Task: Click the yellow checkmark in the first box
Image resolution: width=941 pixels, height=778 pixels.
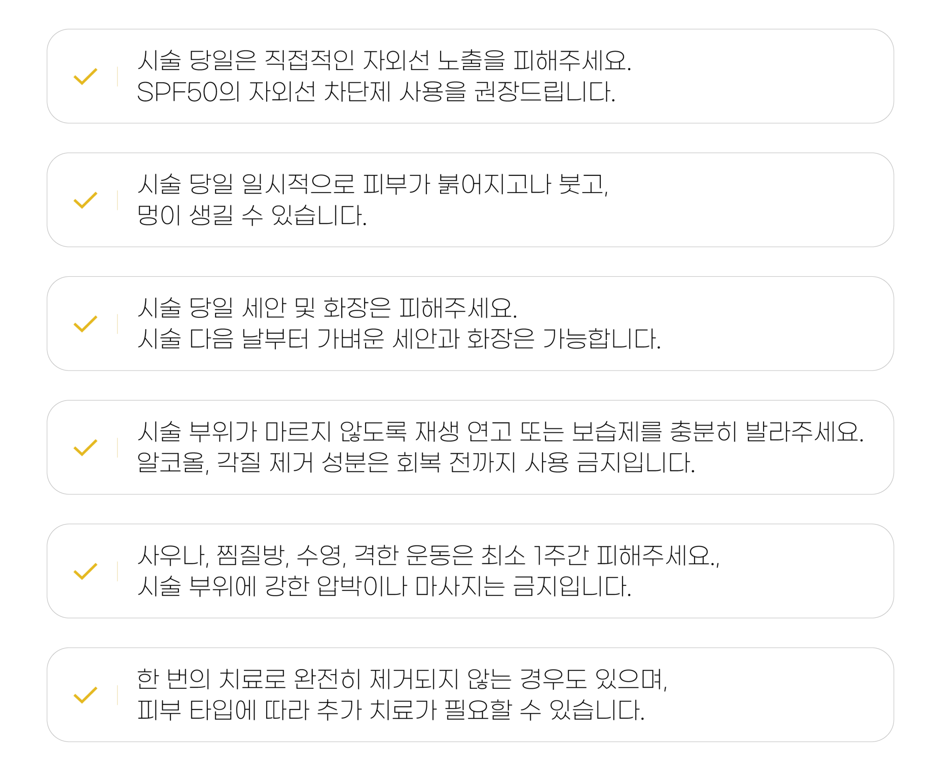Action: [x=85, y=77]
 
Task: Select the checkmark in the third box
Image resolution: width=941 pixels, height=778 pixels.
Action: [x=85, y=324]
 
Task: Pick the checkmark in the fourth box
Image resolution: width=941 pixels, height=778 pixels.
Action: [x=85, y=448]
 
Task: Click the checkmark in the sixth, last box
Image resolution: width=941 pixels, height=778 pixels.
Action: [x=85, y=695]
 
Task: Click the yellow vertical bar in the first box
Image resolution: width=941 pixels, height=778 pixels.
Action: [x=117, y=76]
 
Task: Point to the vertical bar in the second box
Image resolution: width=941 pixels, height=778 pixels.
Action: [x=117, y=200]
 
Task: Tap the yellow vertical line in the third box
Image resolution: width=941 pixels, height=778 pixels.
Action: [x=117, y=324]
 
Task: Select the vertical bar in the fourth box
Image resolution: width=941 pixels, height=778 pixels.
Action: [x=117, y=448]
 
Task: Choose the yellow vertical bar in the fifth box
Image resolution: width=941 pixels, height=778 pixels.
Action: [x=117, y=571]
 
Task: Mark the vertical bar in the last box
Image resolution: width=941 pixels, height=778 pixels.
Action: [x=117, y=695]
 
